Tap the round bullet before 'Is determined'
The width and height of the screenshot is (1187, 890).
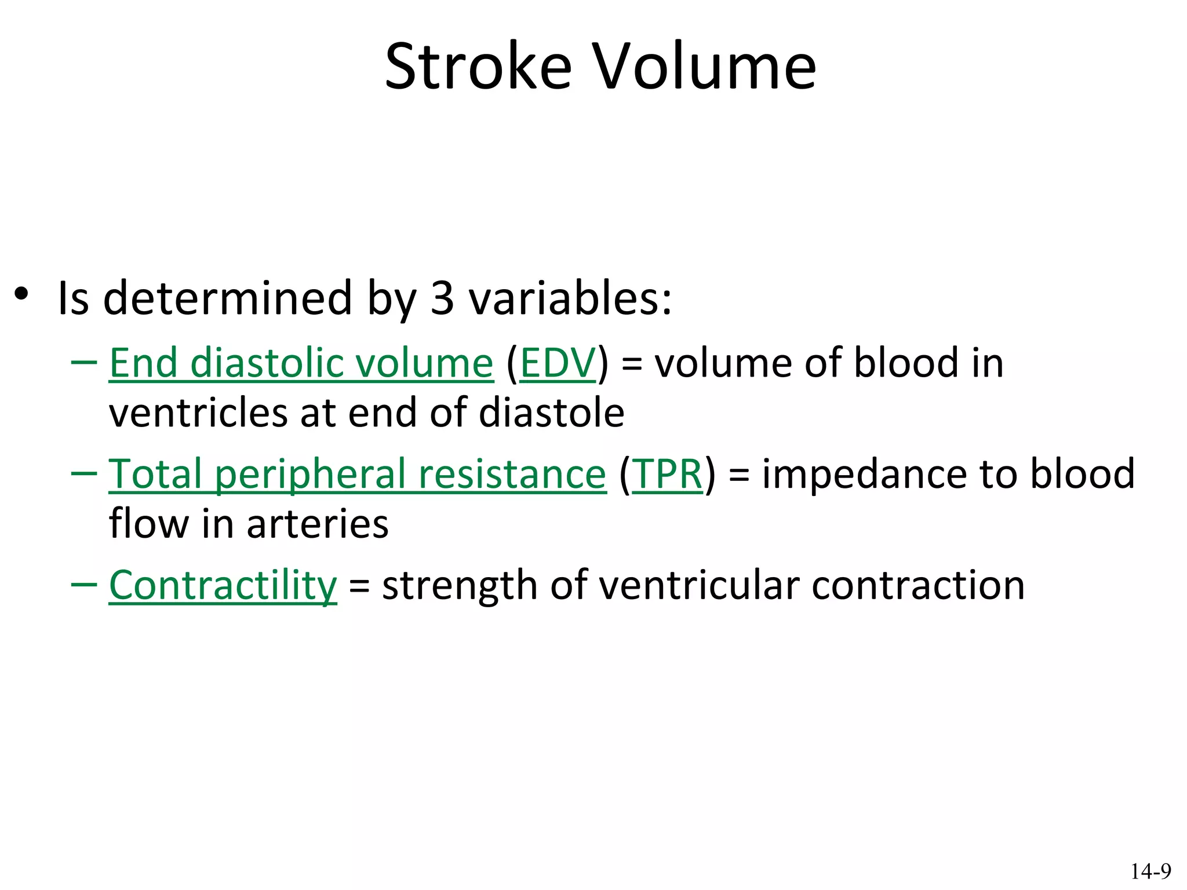21,294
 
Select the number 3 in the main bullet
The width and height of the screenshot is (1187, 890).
442,298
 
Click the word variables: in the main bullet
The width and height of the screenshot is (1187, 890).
570,298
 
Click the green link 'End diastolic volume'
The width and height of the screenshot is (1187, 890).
301,363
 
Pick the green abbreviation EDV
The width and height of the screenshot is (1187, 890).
558,363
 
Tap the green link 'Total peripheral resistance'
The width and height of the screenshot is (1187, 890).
357,474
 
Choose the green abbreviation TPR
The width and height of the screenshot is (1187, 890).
667,474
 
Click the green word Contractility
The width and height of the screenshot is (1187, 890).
223,585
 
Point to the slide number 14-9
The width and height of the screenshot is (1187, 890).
1150,871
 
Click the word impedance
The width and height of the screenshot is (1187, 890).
864,474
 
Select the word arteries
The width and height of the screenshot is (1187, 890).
318,524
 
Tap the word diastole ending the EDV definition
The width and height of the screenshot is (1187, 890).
551,413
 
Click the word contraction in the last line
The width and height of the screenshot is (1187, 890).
918,585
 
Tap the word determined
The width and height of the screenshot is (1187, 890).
227,298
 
